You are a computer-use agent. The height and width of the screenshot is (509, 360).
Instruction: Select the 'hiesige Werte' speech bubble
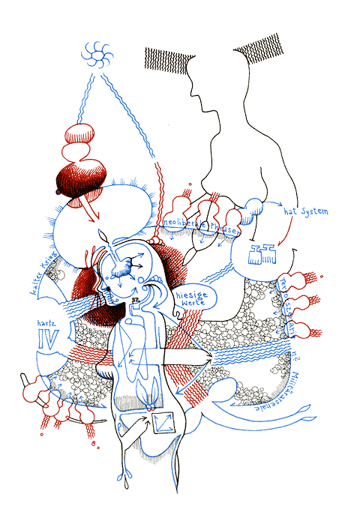[x=193, y=298]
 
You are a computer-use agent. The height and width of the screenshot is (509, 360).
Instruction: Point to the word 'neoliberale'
[x=182, y=224]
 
